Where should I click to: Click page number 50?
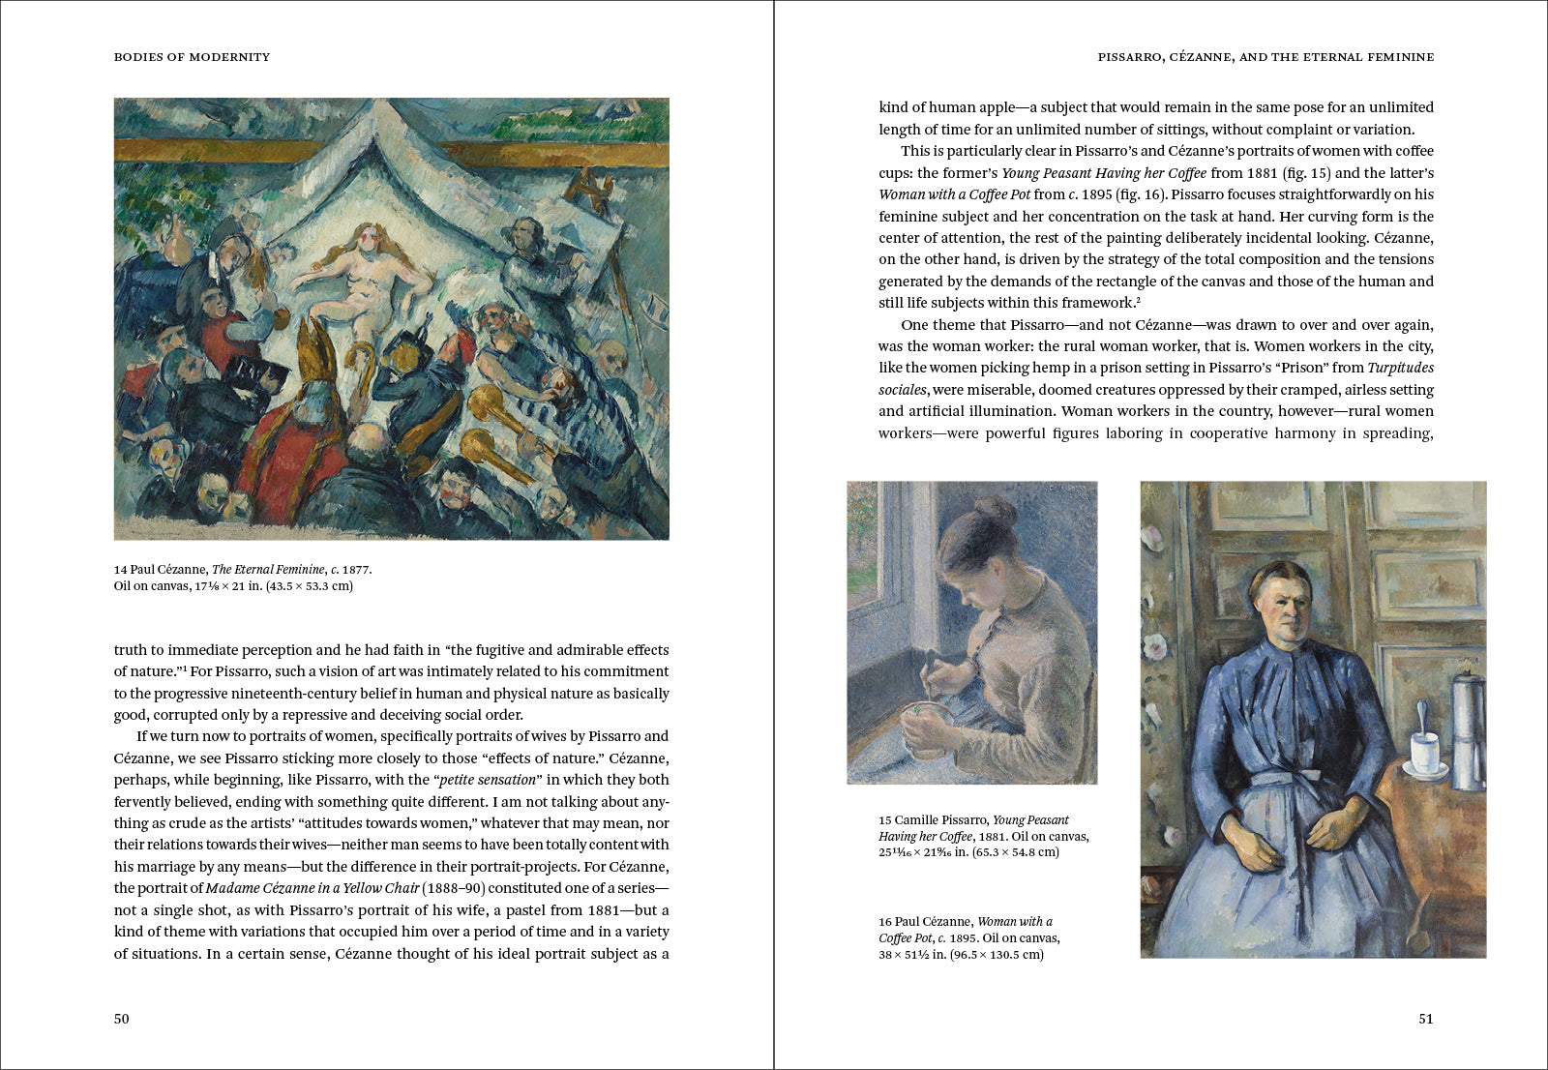tap(121, 1019)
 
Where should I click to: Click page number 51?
tap(1425, 1019)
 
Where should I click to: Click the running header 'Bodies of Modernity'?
tap(192, 57)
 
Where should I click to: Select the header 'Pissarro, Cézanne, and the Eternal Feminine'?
tap(1265, 57)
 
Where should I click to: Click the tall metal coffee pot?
tap(1468, 730)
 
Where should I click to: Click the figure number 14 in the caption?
tap(120, 570)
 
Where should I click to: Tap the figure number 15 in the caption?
tap(884, 820)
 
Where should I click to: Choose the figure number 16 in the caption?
tap(884, 922)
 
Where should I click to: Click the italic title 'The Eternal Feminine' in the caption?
tap(268, 570)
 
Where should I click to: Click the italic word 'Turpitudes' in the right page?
tap(1400, 368)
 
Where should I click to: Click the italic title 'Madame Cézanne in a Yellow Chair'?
tap(313, 888)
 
